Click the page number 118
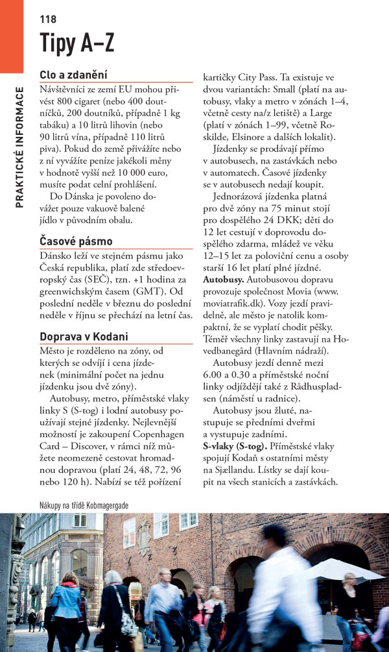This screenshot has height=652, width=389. (48, 19)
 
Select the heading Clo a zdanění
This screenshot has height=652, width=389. (73, 75)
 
